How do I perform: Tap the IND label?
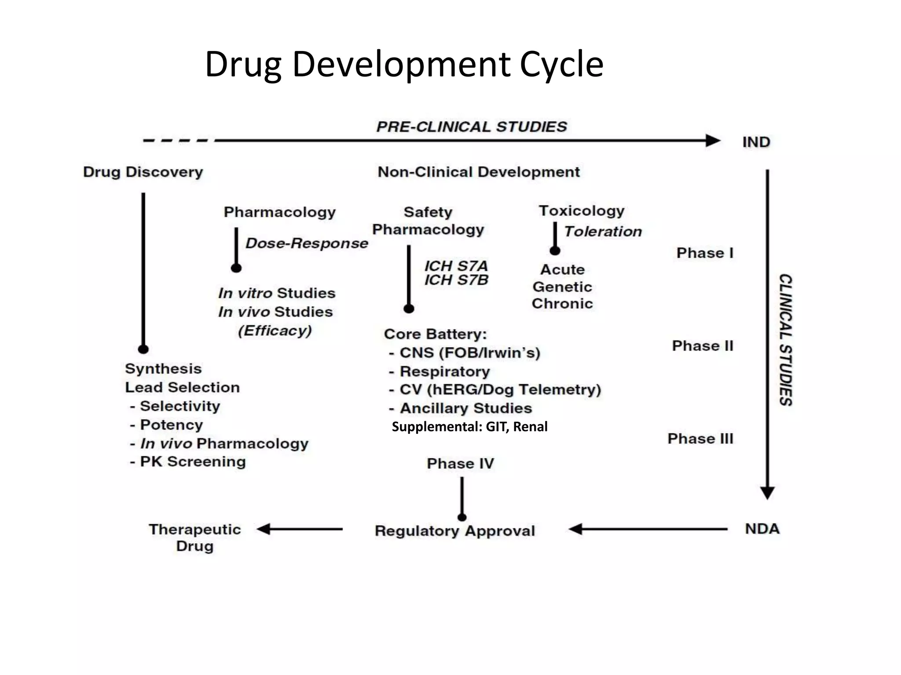coord(756,142)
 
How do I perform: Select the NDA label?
coord(762,529)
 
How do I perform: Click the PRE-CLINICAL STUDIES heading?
coord(472,127)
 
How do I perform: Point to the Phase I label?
coord(705,253)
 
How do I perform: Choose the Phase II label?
coord(703,346)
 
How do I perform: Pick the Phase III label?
coord(700,439)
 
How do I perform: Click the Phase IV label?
coord(461,464)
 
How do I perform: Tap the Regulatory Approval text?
coord(455,531)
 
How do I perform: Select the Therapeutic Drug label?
coord(194,537)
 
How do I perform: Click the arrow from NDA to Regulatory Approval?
coord(648,529)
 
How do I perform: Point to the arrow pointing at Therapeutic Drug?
coord(300,529)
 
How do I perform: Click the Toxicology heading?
coord(582,211)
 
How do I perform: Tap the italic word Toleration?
coord(603,232)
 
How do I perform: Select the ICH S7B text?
coord(456,280)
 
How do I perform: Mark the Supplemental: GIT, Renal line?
coord(469,427)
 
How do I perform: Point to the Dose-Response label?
coord(307,243)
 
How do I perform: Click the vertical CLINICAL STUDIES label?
coord(786,340)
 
